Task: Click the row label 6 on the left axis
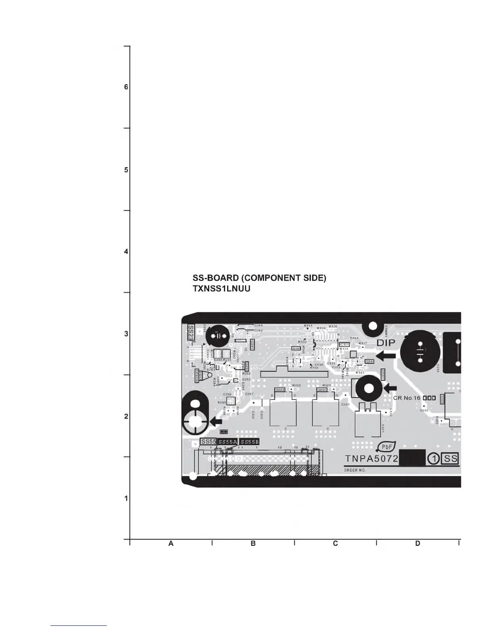(126, 87)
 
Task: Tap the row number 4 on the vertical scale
(126, 251)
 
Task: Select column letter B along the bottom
(253, 543)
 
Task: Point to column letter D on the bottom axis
(418, 543)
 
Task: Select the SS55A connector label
(228, 442)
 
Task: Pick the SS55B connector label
(250, 442)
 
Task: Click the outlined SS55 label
(208, 442)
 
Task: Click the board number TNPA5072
(371, 459)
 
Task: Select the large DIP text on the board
(386, 343)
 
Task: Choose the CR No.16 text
(407, 398)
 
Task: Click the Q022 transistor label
(280, 390)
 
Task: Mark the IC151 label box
(344, 344)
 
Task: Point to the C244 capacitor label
(258, 325)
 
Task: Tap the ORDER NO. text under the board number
(355, 470)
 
